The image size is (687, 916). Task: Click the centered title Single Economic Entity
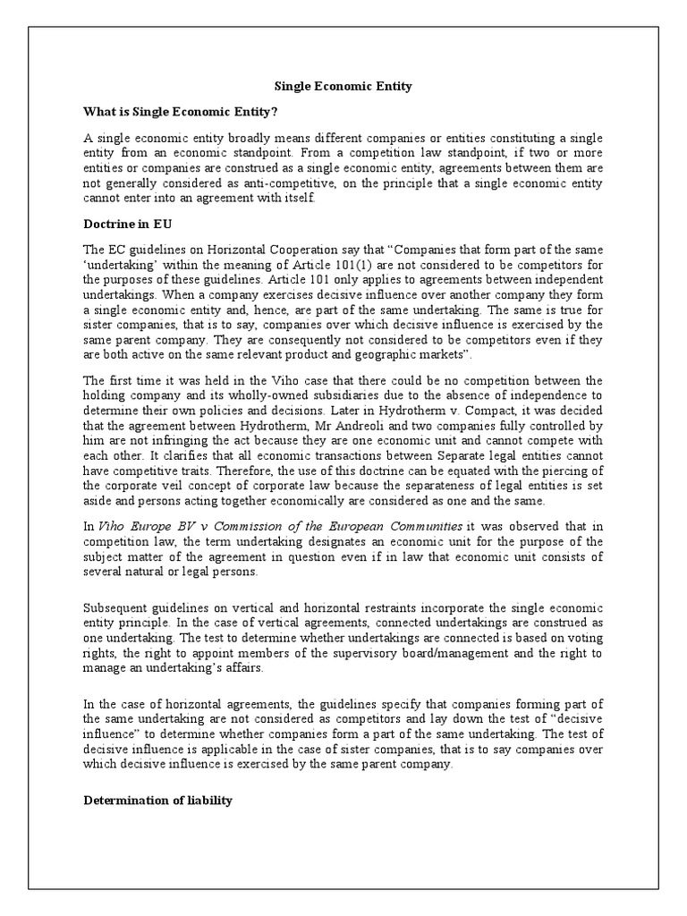tap(343, 86)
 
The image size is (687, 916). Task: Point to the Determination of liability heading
tap(157, 800)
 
